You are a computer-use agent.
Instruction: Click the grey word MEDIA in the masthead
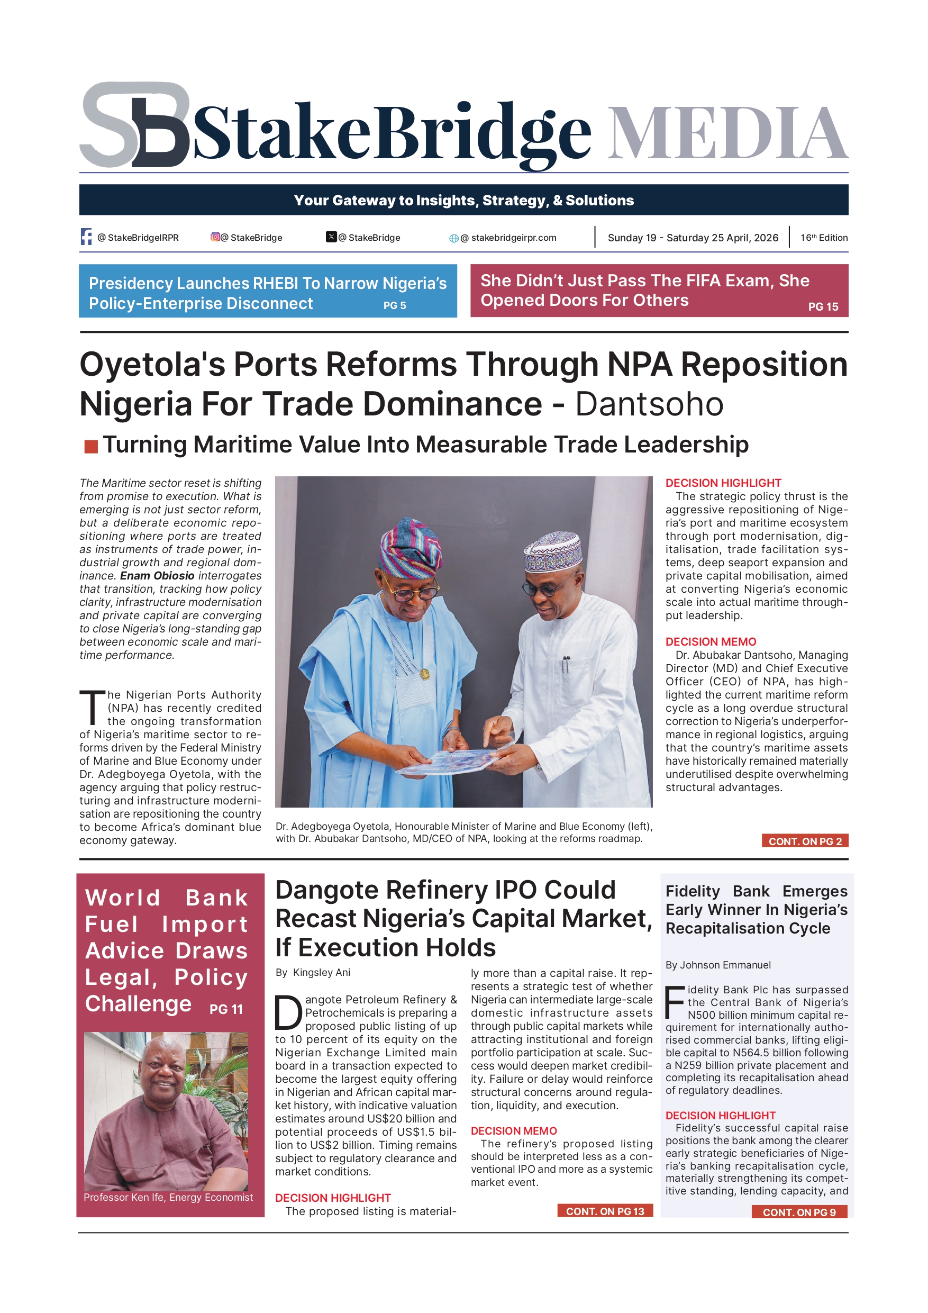[x=727, y=133]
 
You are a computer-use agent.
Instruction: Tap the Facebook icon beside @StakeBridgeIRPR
[x=86, y=237]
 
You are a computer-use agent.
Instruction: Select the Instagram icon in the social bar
[x=215, y=237]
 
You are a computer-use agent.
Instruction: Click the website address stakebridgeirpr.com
[x=513, y=238]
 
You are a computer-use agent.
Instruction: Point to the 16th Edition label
[x=823, y=237]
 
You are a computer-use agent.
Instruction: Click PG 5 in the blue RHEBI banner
[x=395, y=305]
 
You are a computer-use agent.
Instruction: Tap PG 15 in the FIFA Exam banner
[x=823, y=306]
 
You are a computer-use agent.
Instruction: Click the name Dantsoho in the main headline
[x=649, y=404]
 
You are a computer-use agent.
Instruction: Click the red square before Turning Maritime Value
[x=91, y=446]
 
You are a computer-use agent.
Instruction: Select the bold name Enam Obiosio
[x=157, y=575]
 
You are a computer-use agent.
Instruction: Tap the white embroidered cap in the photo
[x=552, y=551]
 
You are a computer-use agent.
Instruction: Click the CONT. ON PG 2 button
[x=805, y=840]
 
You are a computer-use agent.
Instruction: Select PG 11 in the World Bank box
[x=226, y=1009]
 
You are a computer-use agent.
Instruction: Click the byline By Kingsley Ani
[x=313, y=972]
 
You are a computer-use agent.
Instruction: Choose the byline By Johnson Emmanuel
[x=717, y=965]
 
